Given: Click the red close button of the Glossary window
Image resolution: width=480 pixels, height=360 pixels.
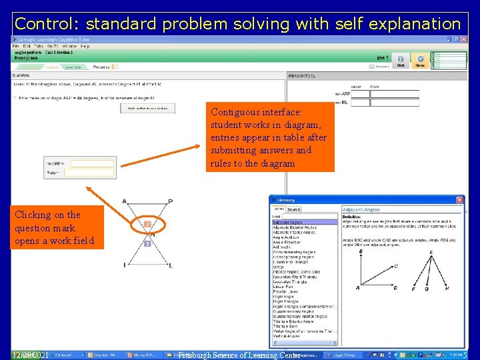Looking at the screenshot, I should coord(459,200).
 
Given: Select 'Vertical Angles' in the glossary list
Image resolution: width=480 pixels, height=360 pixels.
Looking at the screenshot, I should coord(286,336).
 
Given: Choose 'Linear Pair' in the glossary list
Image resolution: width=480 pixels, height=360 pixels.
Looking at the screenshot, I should coord(285,286).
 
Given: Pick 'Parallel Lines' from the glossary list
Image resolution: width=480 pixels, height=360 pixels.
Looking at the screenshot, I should coord(287,291).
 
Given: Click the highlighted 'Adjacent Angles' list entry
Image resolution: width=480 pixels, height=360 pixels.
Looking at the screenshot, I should coord(287,222).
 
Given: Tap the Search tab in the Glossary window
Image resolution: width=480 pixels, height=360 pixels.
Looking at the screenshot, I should coord(294,209).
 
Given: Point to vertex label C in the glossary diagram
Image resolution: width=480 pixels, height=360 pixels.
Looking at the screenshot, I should coord(395,266).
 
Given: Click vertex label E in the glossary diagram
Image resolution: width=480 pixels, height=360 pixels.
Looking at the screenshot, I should coord(431,252).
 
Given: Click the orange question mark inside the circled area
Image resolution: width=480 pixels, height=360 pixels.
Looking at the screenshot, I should coord(148,225).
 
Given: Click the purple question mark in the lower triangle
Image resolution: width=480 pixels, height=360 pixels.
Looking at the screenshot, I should coord(148,244).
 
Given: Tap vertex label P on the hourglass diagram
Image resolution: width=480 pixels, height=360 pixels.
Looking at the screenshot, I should coord(171,201).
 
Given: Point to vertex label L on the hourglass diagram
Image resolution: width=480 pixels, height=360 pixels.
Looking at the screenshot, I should coord(171,266).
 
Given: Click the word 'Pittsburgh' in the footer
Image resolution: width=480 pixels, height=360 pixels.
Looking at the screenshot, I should coord(203,355).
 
